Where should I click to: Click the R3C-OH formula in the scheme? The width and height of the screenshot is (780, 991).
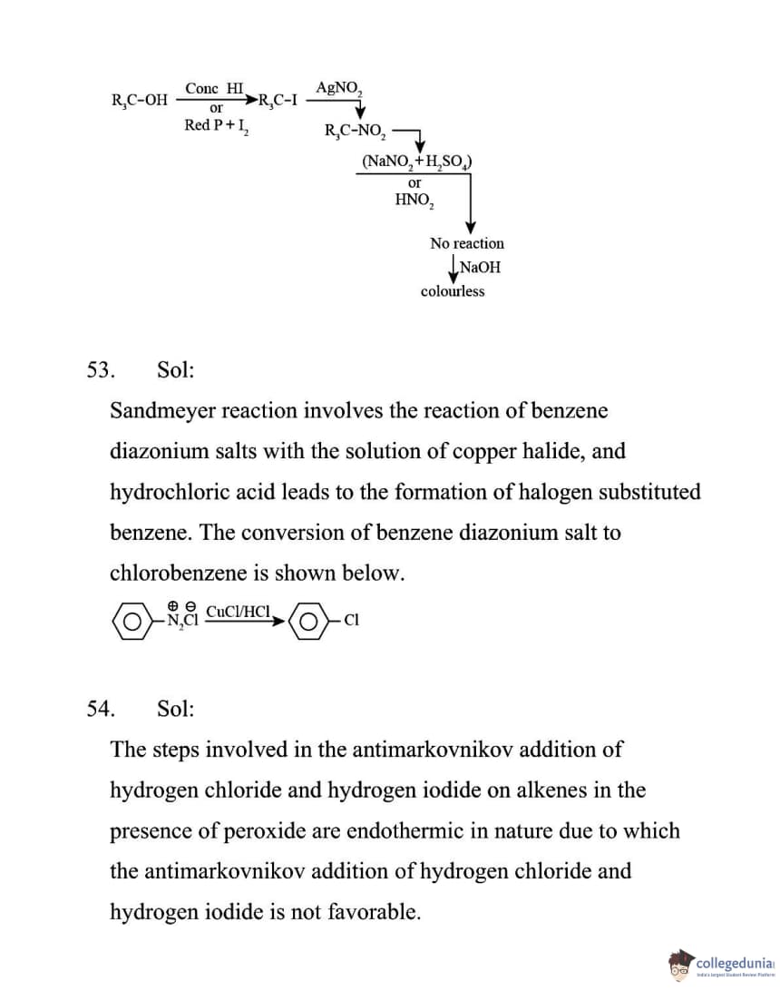click(x=139, y=101)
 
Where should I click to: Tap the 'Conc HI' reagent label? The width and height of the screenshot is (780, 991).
click(x=214, y=88)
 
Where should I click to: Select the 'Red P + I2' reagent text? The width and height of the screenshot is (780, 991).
click(x=218, y=125)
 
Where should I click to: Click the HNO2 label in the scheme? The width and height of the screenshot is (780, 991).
click(x=415, y=200)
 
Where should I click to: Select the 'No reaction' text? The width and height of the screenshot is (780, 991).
click(x=467, y=243)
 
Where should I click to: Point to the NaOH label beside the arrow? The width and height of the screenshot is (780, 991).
click(x=480, y=268)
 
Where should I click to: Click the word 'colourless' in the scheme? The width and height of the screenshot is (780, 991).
click(x=453, y=291)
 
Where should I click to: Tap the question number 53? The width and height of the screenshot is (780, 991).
click(x=99, y=370)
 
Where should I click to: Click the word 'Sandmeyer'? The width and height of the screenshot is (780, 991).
click(x=162, y=410)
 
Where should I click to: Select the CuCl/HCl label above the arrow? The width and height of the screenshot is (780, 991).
click(x=239, y=611)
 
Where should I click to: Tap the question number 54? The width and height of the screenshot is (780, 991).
click(x=99, y=709)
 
